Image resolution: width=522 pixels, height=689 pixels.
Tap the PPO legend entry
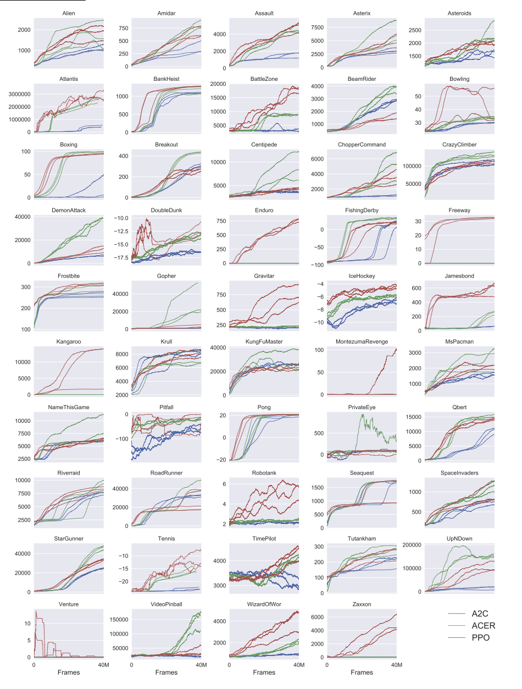click(x=481, y=637)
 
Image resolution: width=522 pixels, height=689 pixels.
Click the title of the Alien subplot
click(x=69, y=13)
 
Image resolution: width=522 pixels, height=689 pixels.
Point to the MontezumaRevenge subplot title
click(x=362, y=341)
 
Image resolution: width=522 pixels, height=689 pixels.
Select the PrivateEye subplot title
click(x=362, y=407)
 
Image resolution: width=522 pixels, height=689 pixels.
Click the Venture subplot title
click(x=69, y=604)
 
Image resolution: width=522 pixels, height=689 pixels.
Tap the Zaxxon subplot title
click(x=362, y=604)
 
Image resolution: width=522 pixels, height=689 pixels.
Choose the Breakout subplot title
click(x=166, y=144)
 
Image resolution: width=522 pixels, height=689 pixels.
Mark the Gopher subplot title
click(x=166, y=275)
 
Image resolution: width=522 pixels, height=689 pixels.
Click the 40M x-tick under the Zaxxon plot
click(x=396, y=664)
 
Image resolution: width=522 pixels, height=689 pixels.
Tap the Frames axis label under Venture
click(x=69, y=673)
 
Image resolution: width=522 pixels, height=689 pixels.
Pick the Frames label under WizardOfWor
click(x=264, y=673)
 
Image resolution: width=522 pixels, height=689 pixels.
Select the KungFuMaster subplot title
click(x=264, y=341)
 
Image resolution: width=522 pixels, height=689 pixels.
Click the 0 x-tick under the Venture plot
click(x=34, y=664)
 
